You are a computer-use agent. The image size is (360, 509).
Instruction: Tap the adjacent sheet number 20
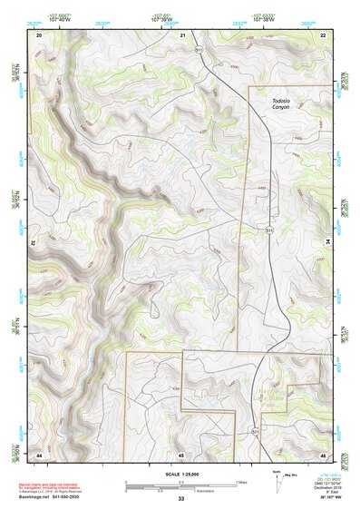pos(39,34)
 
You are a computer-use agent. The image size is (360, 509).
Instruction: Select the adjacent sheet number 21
pos(183,34)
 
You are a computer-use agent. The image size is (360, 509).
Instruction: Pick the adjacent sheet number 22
pos(323,34)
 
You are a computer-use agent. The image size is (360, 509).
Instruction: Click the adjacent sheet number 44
pos(39,454)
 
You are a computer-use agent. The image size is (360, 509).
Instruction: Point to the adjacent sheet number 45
pos(181,454)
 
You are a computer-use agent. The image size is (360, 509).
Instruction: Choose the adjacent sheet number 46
pos(323,454)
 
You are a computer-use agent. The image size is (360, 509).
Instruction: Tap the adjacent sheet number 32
pos(33,242)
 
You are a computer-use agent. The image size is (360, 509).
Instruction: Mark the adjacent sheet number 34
pos(328,242)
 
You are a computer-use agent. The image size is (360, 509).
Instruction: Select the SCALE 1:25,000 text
pos(180,473)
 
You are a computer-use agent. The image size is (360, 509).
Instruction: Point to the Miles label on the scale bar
pos(241,481)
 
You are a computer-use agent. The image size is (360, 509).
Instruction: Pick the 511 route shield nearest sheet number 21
pos(199,50)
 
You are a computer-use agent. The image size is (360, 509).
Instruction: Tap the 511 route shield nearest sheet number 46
pos(255,430)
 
